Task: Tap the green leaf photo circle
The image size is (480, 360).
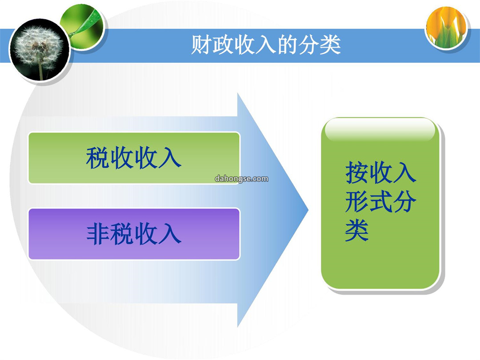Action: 83,26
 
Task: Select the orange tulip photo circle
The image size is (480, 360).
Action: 447,28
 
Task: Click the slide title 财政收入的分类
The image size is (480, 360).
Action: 266,45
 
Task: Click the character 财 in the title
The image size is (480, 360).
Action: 201,45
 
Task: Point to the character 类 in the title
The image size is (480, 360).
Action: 330,45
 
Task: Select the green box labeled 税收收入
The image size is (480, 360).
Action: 134,158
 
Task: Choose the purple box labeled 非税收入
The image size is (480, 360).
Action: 134,234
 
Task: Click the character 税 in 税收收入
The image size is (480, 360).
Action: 97,158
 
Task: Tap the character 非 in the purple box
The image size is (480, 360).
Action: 98,234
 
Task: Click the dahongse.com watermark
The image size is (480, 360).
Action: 241,179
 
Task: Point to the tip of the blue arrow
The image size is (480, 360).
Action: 308,210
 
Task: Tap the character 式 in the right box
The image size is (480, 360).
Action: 381,201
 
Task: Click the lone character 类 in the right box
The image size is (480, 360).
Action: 356,230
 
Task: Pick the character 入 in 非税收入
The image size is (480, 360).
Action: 170,234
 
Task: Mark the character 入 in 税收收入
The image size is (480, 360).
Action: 170,158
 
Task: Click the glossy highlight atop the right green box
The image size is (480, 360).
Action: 380,130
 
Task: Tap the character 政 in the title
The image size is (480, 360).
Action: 223,45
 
